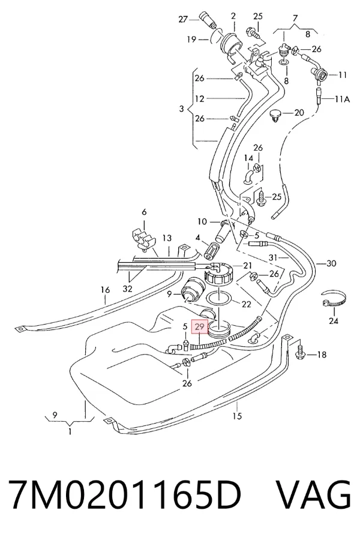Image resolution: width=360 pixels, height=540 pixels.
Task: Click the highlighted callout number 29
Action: point(200,326)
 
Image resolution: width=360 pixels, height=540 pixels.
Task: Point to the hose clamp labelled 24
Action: point(334,299)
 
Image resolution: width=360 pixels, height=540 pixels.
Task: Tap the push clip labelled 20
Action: point(275,115)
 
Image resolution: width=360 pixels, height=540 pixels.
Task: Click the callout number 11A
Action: point(343,99)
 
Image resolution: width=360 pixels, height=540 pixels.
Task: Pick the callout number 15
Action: point(237,416)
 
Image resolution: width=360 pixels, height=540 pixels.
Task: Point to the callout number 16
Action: point(106,290)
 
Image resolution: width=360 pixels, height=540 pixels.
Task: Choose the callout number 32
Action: point(127,289)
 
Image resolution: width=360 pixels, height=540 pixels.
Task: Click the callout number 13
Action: point(167,238)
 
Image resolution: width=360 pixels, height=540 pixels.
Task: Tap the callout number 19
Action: point(191,40)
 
